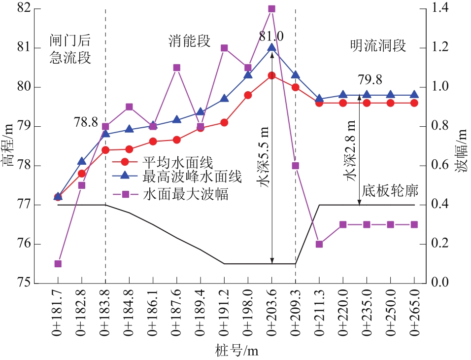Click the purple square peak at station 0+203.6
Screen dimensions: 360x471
click(271, 9)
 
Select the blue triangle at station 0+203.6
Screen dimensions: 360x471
click(271, 47)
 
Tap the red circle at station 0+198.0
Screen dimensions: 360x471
click(248, 95)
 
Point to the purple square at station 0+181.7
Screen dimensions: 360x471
click(58, 264)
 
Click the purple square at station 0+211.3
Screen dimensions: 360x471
click(319, 244)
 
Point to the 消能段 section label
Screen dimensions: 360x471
click(190, 41)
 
